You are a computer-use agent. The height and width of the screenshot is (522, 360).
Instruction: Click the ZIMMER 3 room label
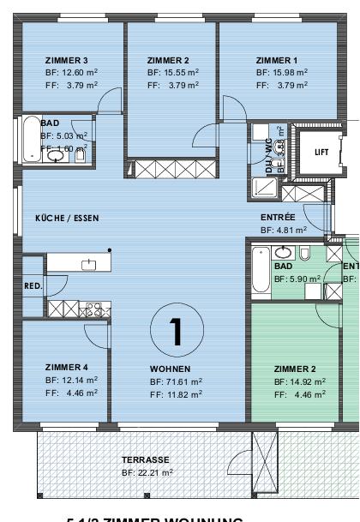(67, 60)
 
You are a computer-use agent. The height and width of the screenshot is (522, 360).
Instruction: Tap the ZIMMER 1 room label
(277, 60)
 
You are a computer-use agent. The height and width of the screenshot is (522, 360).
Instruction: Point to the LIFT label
(321, 152)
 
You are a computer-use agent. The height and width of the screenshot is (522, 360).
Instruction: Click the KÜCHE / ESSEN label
(67, 219)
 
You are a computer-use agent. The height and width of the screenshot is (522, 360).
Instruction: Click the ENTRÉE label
(278, 218)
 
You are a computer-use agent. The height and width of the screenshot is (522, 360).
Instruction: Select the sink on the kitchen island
(88, 265)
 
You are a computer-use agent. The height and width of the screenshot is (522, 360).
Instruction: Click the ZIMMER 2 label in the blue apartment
(168, 60)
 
